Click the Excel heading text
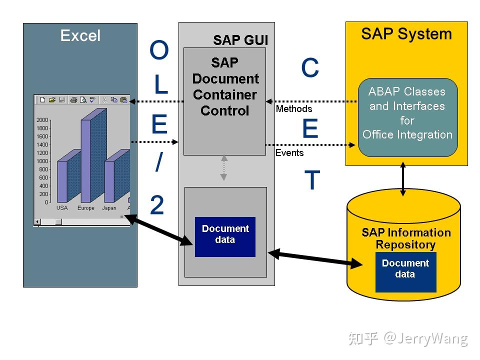80,35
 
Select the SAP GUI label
240,40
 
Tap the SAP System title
406,34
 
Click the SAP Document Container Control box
224,100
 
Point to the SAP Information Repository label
406,238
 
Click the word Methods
294,108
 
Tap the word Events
289,153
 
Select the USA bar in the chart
62,180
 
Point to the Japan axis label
109,208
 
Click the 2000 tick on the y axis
42,120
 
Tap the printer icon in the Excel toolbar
73,100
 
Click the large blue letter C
310,68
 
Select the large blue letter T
312,180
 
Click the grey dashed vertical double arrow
224,168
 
